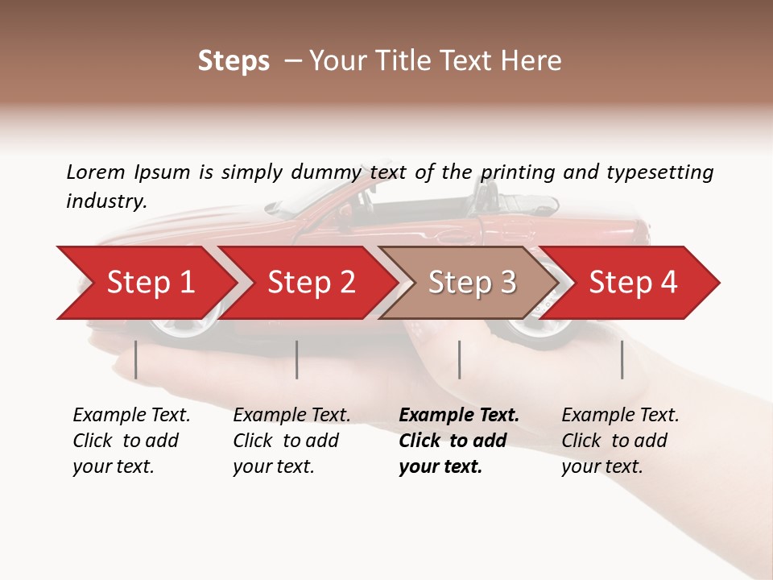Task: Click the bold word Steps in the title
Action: [x=234, y=61]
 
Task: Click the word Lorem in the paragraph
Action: [x=95, y=172]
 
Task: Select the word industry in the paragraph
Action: [x=106, y=201]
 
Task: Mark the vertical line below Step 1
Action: [x=136, y=359]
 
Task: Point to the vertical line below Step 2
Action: [x=297, y=359]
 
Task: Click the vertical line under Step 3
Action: [x=459, y=359]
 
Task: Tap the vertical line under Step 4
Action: [x=622, y=359]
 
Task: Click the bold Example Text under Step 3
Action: [x=459, y=416]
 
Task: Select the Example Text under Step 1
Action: [x=131, y=416]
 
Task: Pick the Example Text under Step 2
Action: [x=291, y=416]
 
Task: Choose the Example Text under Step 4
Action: [x=620, y=416]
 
